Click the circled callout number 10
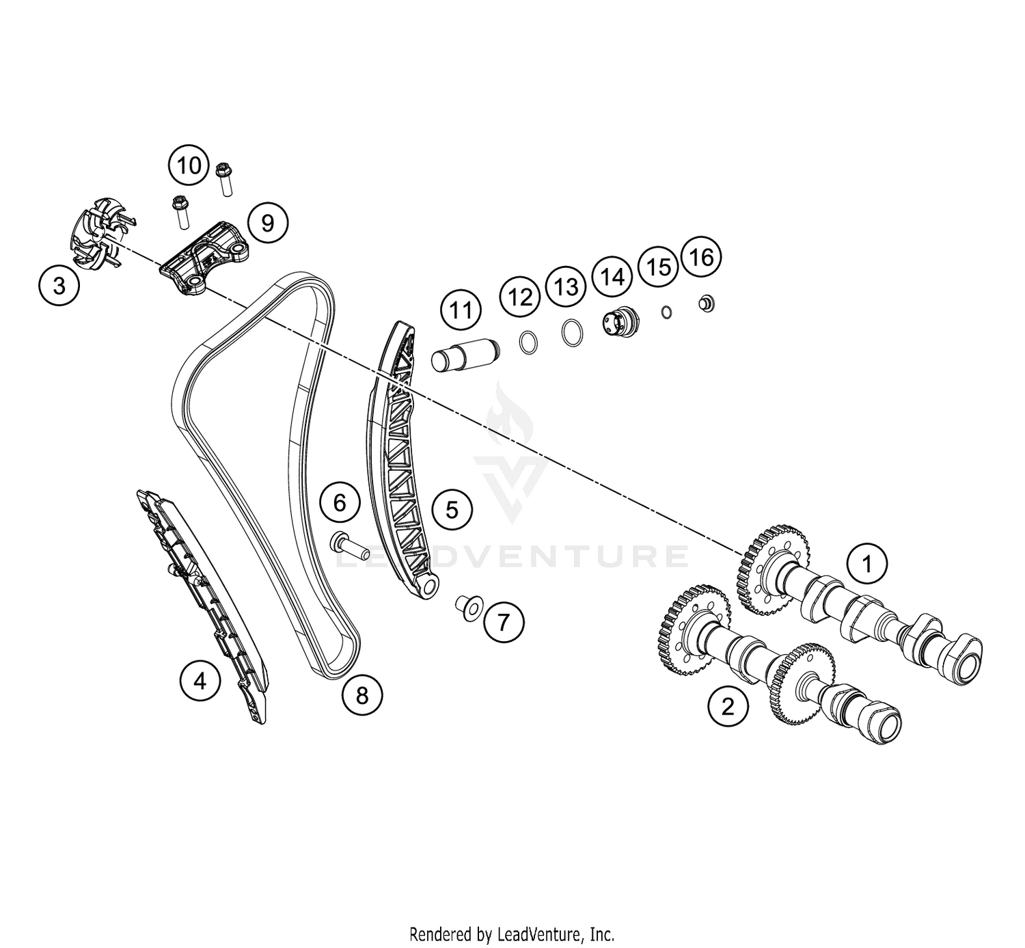(x=189, y=165)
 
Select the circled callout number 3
(x=59, y=285)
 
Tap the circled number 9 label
(x=268, y=223)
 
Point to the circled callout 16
(x=701, y=256)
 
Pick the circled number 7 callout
(x=504, y=622)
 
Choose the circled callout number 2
(x=728, y=706)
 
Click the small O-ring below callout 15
(x=666, y=312)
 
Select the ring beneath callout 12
(x=528, y=342)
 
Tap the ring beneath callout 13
(x=573, y=333)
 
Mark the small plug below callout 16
(x=707, y=303)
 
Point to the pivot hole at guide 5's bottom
(x=429, y=588)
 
